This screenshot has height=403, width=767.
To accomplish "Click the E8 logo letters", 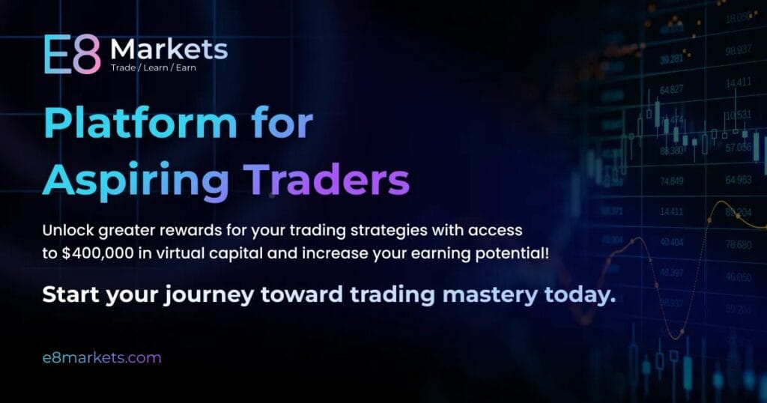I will [71, 54].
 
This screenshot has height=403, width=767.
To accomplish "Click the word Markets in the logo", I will [169, 49].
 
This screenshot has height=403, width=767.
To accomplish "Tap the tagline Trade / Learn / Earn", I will [154, 67].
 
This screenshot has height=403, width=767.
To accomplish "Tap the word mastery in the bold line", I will [488, 294].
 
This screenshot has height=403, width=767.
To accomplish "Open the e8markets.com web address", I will [102, 357].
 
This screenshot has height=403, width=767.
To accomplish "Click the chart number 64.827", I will [671, 90].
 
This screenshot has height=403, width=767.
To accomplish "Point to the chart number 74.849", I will [671, 181].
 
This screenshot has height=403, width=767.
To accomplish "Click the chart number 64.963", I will [739, 181].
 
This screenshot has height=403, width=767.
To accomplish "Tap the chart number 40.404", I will [671, 243].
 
